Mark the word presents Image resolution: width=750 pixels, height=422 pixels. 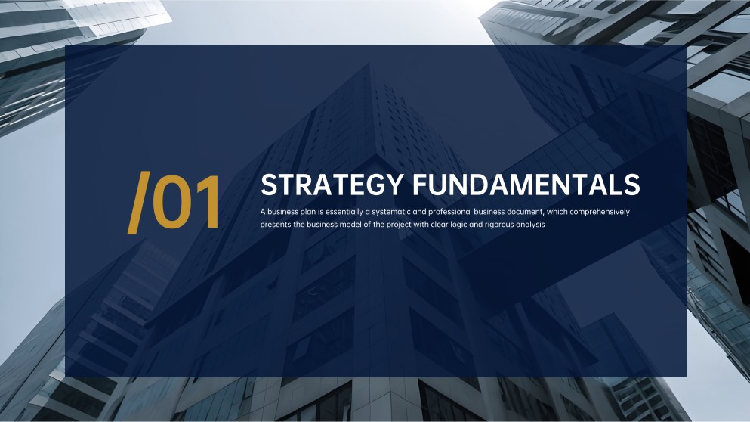point(276,225)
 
